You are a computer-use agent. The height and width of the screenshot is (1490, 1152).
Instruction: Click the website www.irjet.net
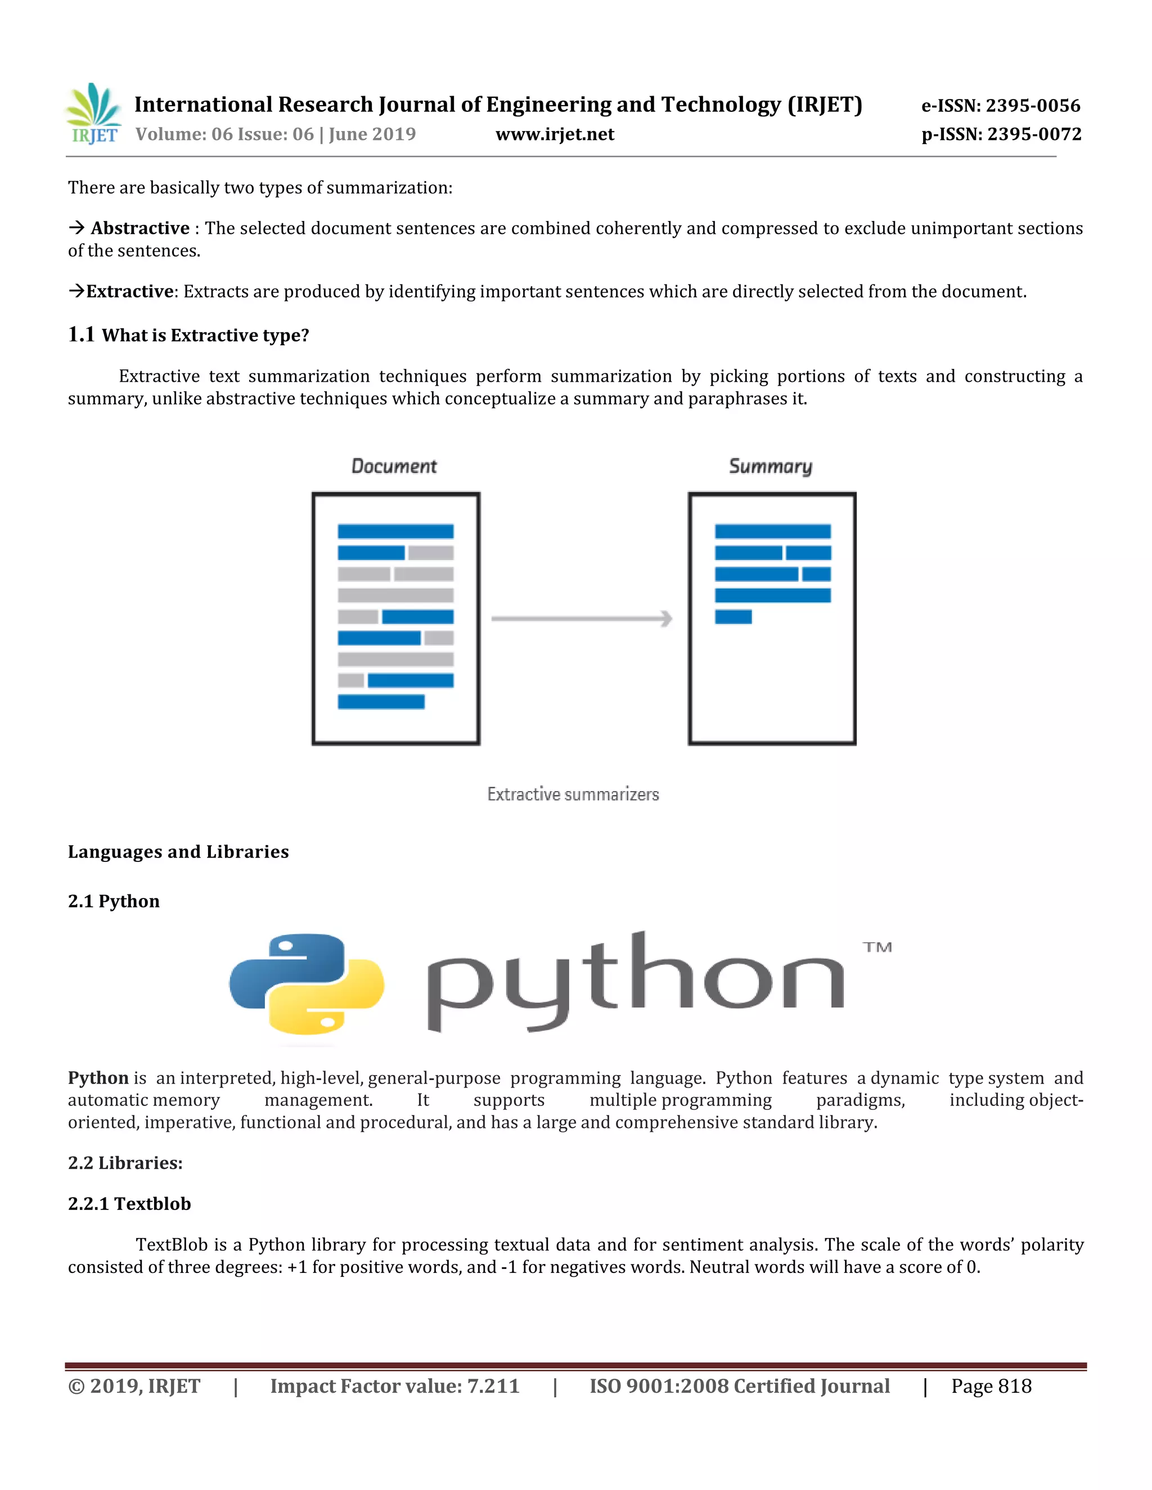(554, 134)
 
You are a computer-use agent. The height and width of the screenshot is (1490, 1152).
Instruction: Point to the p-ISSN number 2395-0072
(1034, 134)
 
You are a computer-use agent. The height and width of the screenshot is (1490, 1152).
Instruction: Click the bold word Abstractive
(140, 228)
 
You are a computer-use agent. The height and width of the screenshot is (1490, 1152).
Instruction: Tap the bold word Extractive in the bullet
(130, 291)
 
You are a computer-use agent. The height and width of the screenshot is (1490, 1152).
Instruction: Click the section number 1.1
(81, 335)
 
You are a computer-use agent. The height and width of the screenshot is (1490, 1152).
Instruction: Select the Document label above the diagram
(394, 467)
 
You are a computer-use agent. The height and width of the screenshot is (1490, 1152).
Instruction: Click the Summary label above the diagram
(771, 467)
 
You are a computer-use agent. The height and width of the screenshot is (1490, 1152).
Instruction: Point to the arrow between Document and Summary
(582, 619)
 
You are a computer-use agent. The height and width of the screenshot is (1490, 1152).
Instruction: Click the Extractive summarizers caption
(573, 794)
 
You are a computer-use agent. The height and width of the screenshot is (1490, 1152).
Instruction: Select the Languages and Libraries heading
(178, 851)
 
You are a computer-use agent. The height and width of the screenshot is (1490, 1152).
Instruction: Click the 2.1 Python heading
(114, 901)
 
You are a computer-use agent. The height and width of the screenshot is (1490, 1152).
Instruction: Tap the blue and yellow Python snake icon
(307, 985)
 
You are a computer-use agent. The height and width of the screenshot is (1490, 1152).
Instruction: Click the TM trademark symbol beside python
(877, 947)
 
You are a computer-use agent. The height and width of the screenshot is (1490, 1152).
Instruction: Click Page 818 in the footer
(991, 1387)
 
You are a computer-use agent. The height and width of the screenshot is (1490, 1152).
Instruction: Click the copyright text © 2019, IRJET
(134, 1387)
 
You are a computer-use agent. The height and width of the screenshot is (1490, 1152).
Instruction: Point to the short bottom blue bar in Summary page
(733, 617)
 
